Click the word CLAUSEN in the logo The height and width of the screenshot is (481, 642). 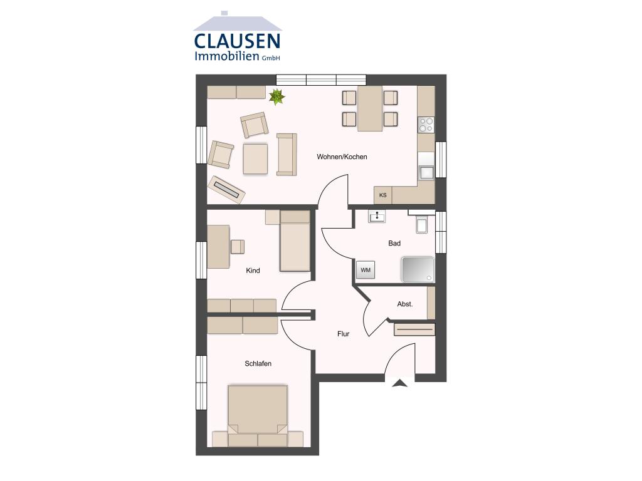(237, 41)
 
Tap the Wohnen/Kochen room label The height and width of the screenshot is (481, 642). (342, 157)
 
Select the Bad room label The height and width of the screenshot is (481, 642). (394, 243)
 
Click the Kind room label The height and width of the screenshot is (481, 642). (253, 271)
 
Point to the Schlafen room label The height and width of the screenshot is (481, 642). (258, 363)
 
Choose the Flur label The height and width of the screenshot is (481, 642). (343, 334)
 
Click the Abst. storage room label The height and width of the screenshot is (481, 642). (405, 304)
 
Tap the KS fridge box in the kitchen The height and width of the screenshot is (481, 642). (382, 195)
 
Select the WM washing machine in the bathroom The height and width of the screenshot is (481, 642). (366, 270)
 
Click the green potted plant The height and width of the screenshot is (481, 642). (276, 96)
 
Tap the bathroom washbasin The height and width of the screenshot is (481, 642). (377, 217)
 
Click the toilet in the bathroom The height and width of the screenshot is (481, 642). (422, 224)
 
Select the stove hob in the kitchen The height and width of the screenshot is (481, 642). (426, 125)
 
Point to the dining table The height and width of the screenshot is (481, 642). (370, 108)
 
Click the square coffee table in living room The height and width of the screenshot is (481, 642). (256, 158)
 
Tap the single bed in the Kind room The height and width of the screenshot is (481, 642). (295, 242)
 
